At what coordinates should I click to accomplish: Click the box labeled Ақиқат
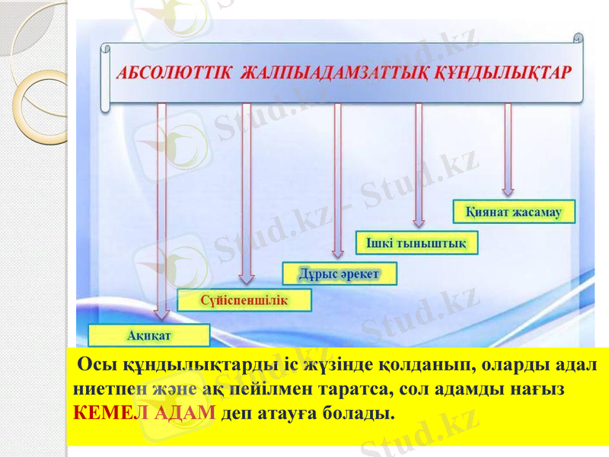[148, 335]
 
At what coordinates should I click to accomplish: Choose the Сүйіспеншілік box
[244, 300]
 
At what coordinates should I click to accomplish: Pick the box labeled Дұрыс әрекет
[339, 273]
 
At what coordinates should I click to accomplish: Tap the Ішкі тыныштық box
[416, 242]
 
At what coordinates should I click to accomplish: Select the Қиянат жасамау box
[513, 212]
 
